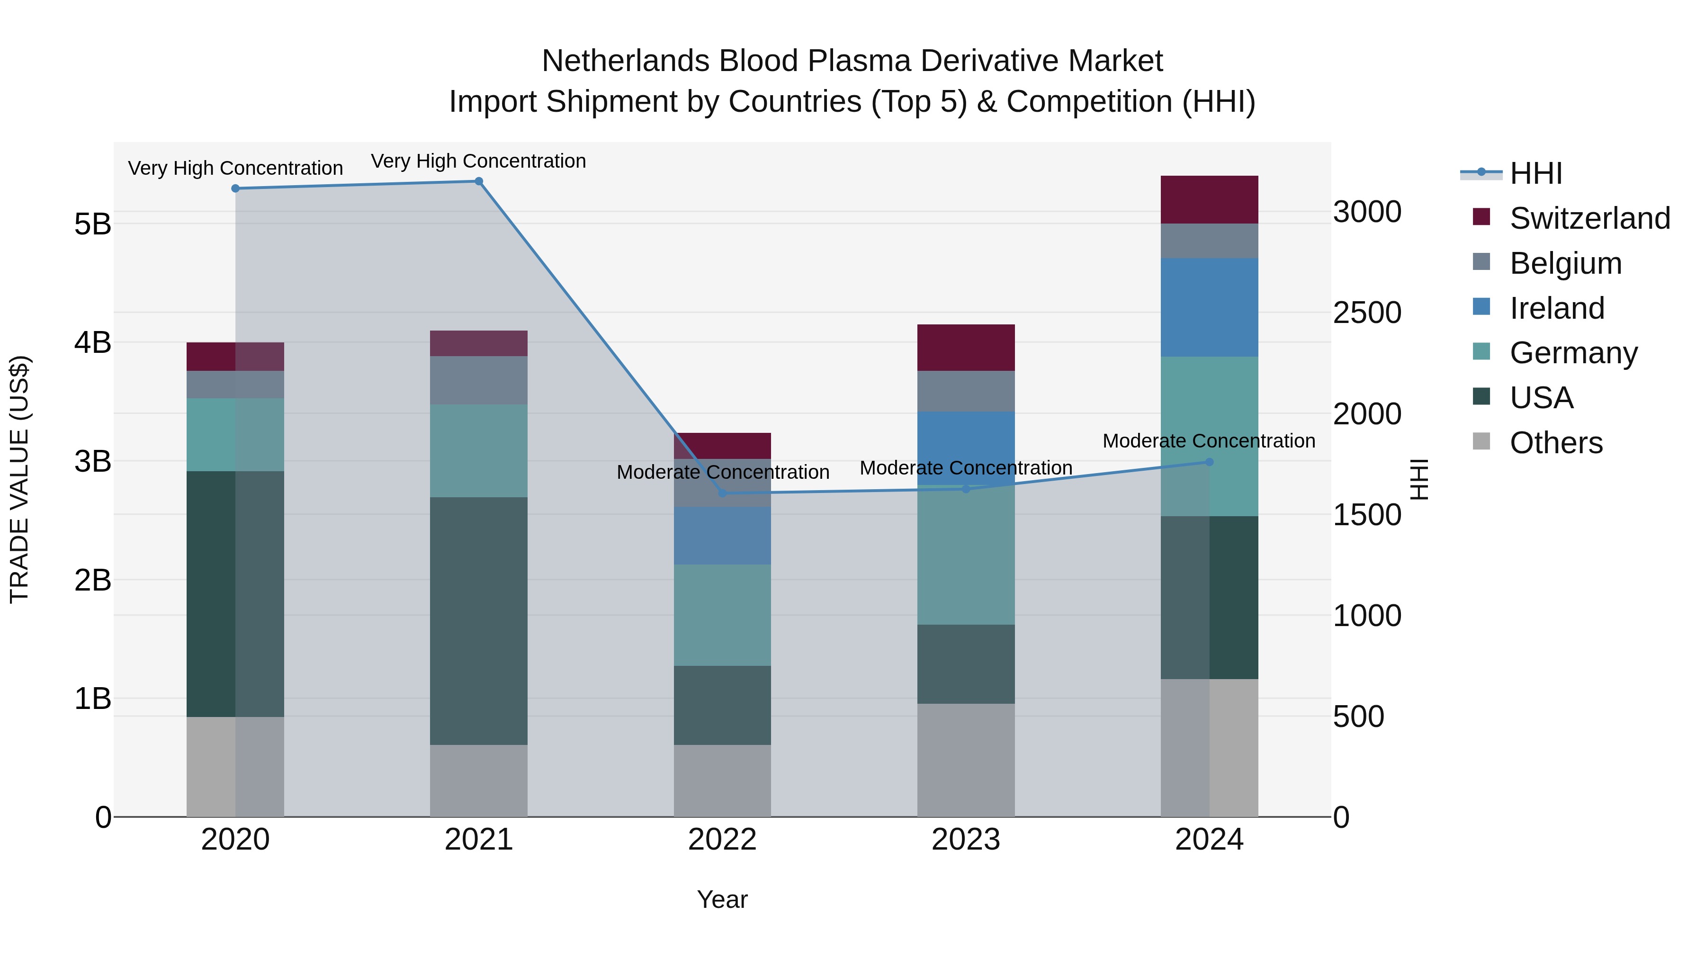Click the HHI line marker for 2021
pos(478,181)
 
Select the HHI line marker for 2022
pos(722,493)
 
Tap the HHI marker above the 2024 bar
pos(1209,462)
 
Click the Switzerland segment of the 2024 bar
pos(1209,200)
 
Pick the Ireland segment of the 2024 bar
pos(1209,308)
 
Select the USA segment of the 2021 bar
pos(478,621)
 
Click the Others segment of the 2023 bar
pos(966,760)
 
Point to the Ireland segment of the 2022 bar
pos(722,536)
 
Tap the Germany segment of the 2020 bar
pos(235,435)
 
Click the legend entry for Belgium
pos(1565,263)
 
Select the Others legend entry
pos(1555,443)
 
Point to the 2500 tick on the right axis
pos(1367,313)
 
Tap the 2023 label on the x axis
pos(966,840)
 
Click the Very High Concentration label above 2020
pos(235,168)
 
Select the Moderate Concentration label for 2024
pos(1209,441)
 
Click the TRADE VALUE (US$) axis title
pos(19,479)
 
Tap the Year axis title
pos(722,899)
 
